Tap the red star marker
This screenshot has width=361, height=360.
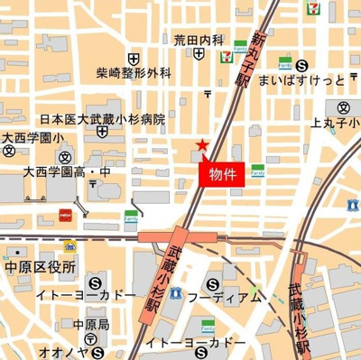pyautogui.click(x=202, y=145)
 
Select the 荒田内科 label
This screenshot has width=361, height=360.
pyautogui.click(x=199, y=40)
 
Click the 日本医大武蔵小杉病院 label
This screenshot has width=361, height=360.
pyautogui.click(x=104, y=119)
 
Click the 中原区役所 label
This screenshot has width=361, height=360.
pyautogui.click(x=40, y=268)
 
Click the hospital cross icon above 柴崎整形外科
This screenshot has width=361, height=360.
pyautogui.click(x=134, y=55)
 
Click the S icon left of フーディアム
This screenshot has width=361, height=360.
pyautogui.click(x=177, y=295)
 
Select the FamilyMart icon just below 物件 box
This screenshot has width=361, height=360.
pyautogui.click(x=258, y=169)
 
